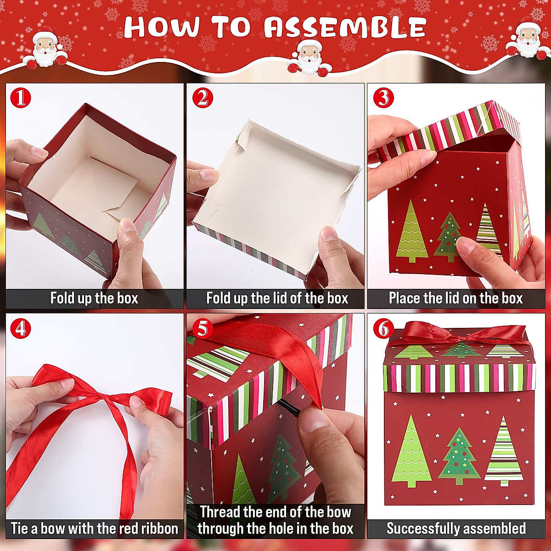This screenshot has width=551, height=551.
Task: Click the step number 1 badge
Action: click(20, 98)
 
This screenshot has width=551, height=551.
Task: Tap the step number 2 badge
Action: click(202, 98)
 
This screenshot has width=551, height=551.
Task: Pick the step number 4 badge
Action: click(20, 329)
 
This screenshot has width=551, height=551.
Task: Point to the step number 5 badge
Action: click(202, 329)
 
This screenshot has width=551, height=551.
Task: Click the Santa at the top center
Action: click(309, 57)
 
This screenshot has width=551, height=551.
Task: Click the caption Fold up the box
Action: click(94, 298)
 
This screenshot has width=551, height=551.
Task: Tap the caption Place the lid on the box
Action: click(455, 298)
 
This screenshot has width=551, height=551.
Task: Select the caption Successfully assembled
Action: click(456, 529)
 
